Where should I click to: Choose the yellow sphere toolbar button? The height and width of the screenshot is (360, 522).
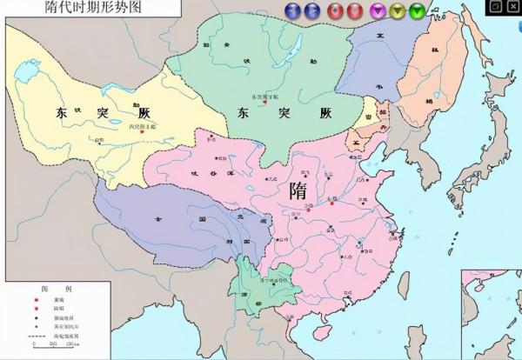point(398,12)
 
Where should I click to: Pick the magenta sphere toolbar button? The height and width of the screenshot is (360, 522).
point(378,12)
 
